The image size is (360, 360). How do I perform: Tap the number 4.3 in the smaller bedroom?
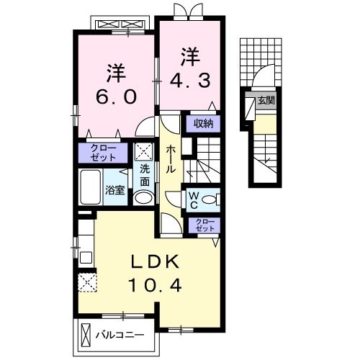pyautogui.click(x=190, y=81)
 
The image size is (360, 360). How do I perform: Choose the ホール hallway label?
pyautogui.click(x=171, y=158)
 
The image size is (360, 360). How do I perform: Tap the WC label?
pyautogui.click(x=195, y=199)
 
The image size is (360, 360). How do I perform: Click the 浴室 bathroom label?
pyautogui.click(x=115, y=191)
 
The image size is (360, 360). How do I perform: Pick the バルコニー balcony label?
pyautogui.click(x=119, y=335)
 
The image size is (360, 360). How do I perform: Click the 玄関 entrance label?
pyautogui.click(x=266, y=101)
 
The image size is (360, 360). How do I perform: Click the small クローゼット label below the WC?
pyautogui.click(x=204, y=225)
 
